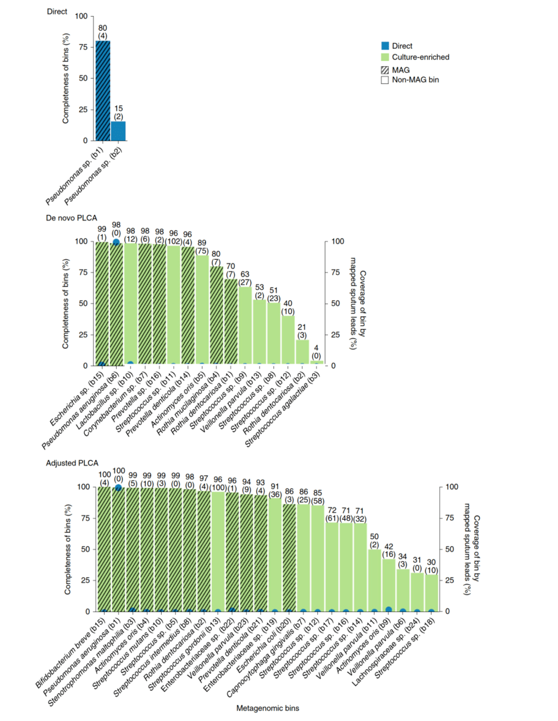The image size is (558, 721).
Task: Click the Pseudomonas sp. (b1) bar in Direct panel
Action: click(x=103, y=91)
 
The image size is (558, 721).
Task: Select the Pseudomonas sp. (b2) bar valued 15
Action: click(x=118, y=131)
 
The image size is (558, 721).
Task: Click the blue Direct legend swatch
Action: click(x=385, y=46)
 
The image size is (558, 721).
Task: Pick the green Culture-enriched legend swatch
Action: click(x=385, y=57)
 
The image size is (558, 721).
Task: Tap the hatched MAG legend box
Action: click(x=385, y=70)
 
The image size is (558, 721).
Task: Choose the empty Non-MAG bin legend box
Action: click(x=385, y=80)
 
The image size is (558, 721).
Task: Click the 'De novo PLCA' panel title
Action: click(x=72, y=218)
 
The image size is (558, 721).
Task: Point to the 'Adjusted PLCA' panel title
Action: click(x=72, y=463)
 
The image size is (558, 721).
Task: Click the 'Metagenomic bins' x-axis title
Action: click(x=268, y=708)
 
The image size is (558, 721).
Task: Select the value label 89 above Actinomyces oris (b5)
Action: click(x=201, y=243)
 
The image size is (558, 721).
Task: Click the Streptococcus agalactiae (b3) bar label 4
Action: click(x=316, y=348)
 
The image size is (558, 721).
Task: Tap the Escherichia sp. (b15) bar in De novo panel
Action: click(x=102, y=304)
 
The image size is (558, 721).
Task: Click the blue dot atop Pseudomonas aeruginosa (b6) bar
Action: click(x=117, y=242)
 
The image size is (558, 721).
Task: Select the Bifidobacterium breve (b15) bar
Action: click(x=104, y=548)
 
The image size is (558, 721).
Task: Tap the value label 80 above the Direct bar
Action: click(x=103, y=28)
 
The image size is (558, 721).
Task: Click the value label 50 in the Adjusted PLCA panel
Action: click(x=375, y=537)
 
